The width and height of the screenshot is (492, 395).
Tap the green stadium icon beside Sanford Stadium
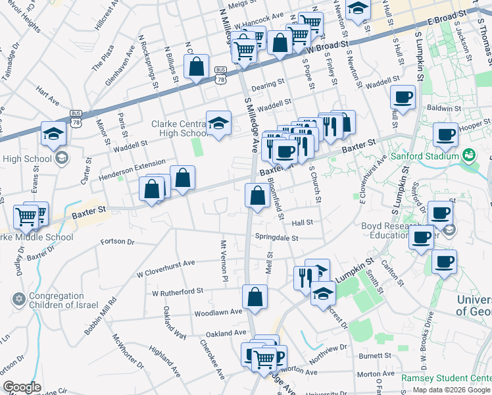(x=468, y=156)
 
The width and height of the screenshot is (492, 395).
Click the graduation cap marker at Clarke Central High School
(x=219, y=123)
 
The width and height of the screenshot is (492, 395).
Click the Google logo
(x=22, y=387)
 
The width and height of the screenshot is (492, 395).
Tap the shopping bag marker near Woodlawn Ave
(x=255, y=296)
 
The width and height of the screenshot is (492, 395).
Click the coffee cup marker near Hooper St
(x=445, y=134)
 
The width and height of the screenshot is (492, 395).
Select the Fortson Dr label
(x=118, y=242)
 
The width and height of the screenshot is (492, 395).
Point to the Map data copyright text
(x=451, y=390)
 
